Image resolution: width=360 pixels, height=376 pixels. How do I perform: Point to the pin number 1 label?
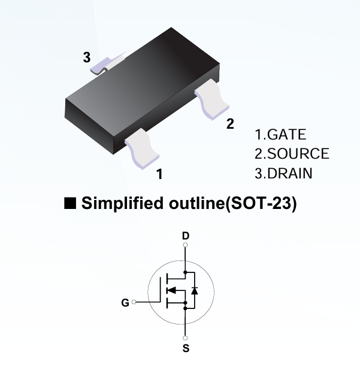point(159,174)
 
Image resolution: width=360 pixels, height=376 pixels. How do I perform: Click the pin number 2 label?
point(230,124)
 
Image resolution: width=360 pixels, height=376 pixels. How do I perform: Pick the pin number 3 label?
point(87,58)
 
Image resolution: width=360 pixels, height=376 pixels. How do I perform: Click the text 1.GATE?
point(280,135)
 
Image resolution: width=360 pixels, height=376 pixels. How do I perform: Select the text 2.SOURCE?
point(292,154)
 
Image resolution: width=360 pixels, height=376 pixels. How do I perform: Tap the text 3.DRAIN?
point(283,174)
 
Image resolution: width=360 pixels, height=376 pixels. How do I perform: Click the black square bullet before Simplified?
point(70,204)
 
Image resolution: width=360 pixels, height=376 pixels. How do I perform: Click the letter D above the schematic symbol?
point(185,235)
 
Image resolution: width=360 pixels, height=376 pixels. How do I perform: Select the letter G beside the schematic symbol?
point(125,303)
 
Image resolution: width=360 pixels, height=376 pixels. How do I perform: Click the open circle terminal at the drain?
point(186,245)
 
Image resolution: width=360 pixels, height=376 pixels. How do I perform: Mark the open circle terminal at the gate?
point(134,302)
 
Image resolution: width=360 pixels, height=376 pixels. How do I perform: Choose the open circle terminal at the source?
point(186,338)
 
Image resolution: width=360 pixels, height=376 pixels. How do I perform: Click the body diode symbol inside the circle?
point(194,290)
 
